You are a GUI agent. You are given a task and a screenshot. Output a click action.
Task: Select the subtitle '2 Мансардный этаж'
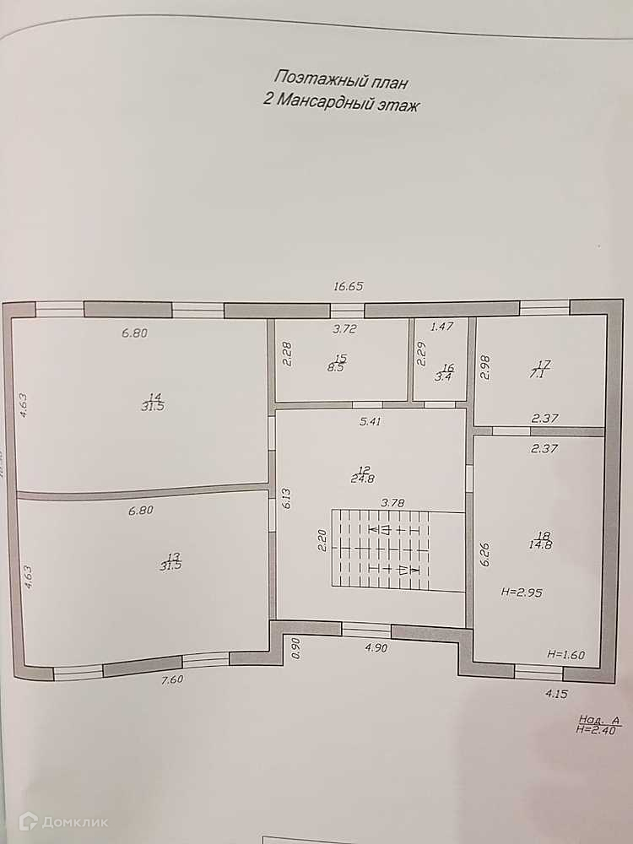[x=341, y=105]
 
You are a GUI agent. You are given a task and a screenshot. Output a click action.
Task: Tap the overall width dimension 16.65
[x=348, y=286]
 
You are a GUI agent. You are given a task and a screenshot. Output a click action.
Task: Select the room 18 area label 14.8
[x=541, y=544]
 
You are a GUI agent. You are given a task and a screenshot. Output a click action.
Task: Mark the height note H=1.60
[x=565, y=654]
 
